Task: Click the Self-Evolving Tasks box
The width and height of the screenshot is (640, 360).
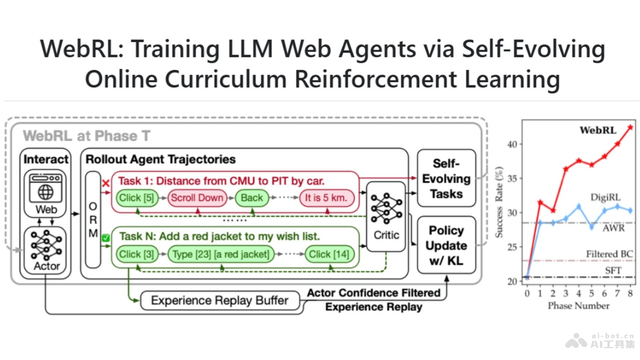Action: [x=446, y=179]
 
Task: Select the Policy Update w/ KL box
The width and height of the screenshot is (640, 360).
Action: [x=446, y=245]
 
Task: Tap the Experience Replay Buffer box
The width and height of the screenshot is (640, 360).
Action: [x=220, y=300]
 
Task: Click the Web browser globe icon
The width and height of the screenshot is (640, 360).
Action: [x=46, y=190]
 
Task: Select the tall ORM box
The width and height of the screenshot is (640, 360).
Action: [x=93, y=219]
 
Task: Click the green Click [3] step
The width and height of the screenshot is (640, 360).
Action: [x=137, y=254]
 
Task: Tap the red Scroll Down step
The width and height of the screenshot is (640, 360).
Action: [x=197, y=198]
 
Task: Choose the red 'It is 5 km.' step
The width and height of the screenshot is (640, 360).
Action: [x=326, y=198]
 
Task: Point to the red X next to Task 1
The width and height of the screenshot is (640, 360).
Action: [x=106, y=183]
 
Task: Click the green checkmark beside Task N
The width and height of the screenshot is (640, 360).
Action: [x=106, y=238]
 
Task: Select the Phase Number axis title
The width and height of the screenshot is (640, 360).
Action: [x=578, y=306]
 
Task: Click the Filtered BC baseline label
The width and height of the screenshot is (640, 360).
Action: [x=609, y=254]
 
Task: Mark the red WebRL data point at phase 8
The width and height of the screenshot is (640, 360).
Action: [x=629, y=127]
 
